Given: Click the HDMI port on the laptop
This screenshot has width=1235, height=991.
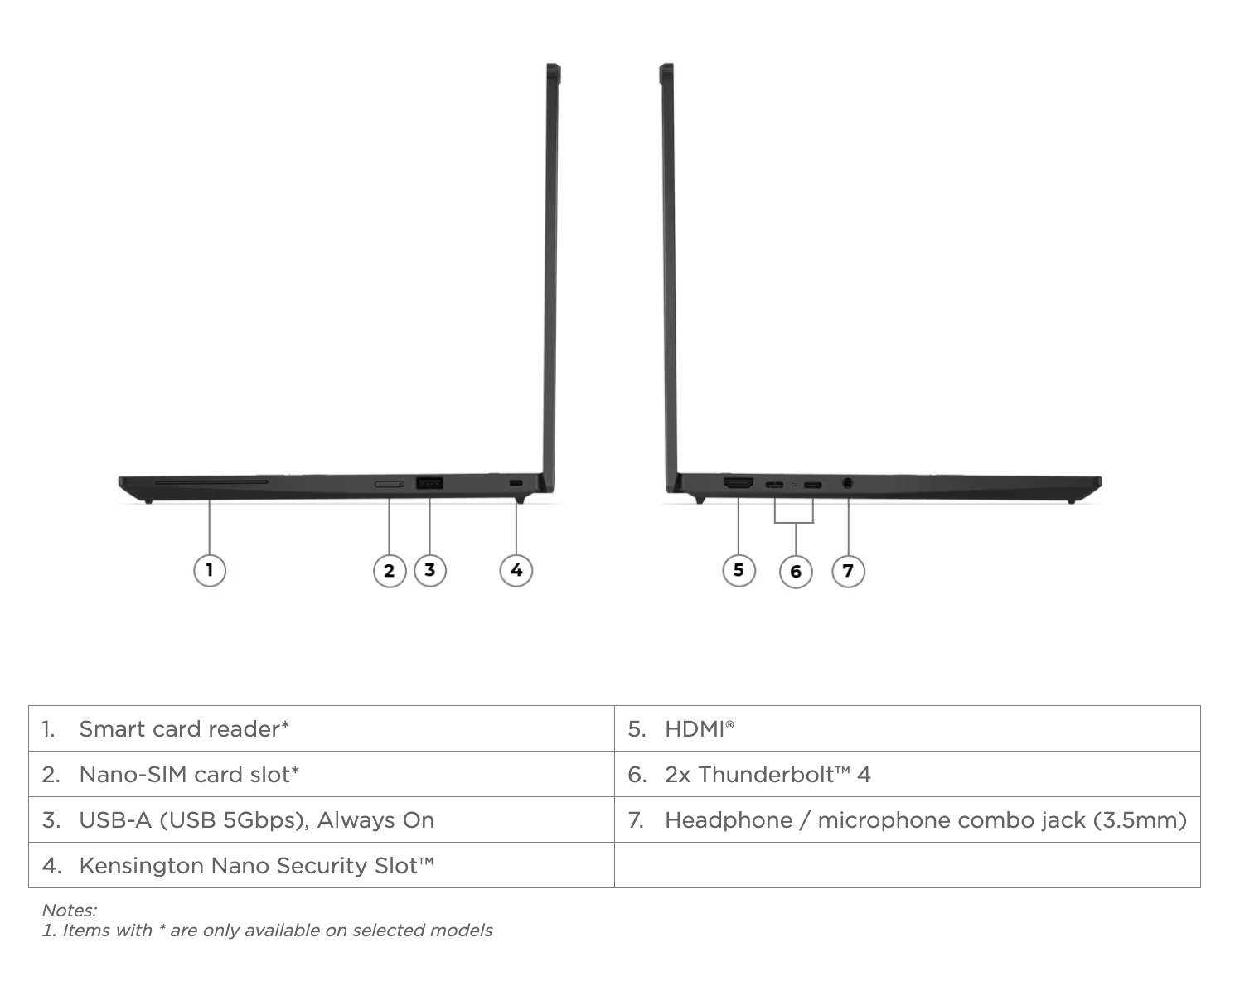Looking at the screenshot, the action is pyautogui.click(x=739, y=483).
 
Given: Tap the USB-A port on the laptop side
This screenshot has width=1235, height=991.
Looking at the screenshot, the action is pyautogui.click(x=429, y=483).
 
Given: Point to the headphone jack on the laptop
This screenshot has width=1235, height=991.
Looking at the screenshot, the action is pyautogui.click(x=848, y=484).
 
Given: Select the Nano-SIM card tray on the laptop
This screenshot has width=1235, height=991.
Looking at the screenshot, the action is pyautogui.click(x=389, y=484).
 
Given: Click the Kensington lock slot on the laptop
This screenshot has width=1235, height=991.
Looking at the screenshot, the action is pyautogui.click(x=516, y=483).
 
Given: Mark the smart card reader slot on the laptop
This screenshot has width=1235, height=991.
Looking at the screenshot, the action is pyautogui.click(x=211, y=482).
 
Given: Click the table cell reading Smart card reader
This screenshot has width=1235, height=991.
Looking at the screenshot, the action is pyautogui.click(x=322, y=729).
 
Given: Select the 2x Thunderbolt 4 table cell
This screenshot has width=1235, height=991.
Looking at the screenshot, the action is pyautogui.click(x=908, y=774).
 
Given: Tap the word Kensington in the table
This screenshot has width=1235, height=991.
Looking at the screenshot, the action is pyautogui.click(x=142, y=866).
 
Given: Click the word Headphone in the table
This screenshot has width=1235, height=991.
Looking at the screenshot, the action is pyautogui.click(x=729, y=820).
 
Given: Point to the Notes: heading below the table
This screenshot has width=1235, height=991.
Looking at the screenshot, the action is pyautogui.click(x=70, y=911).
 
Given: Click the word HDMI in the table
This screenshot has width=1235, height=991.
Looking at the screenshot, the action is pyautogui.click(x=695, y=729).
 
